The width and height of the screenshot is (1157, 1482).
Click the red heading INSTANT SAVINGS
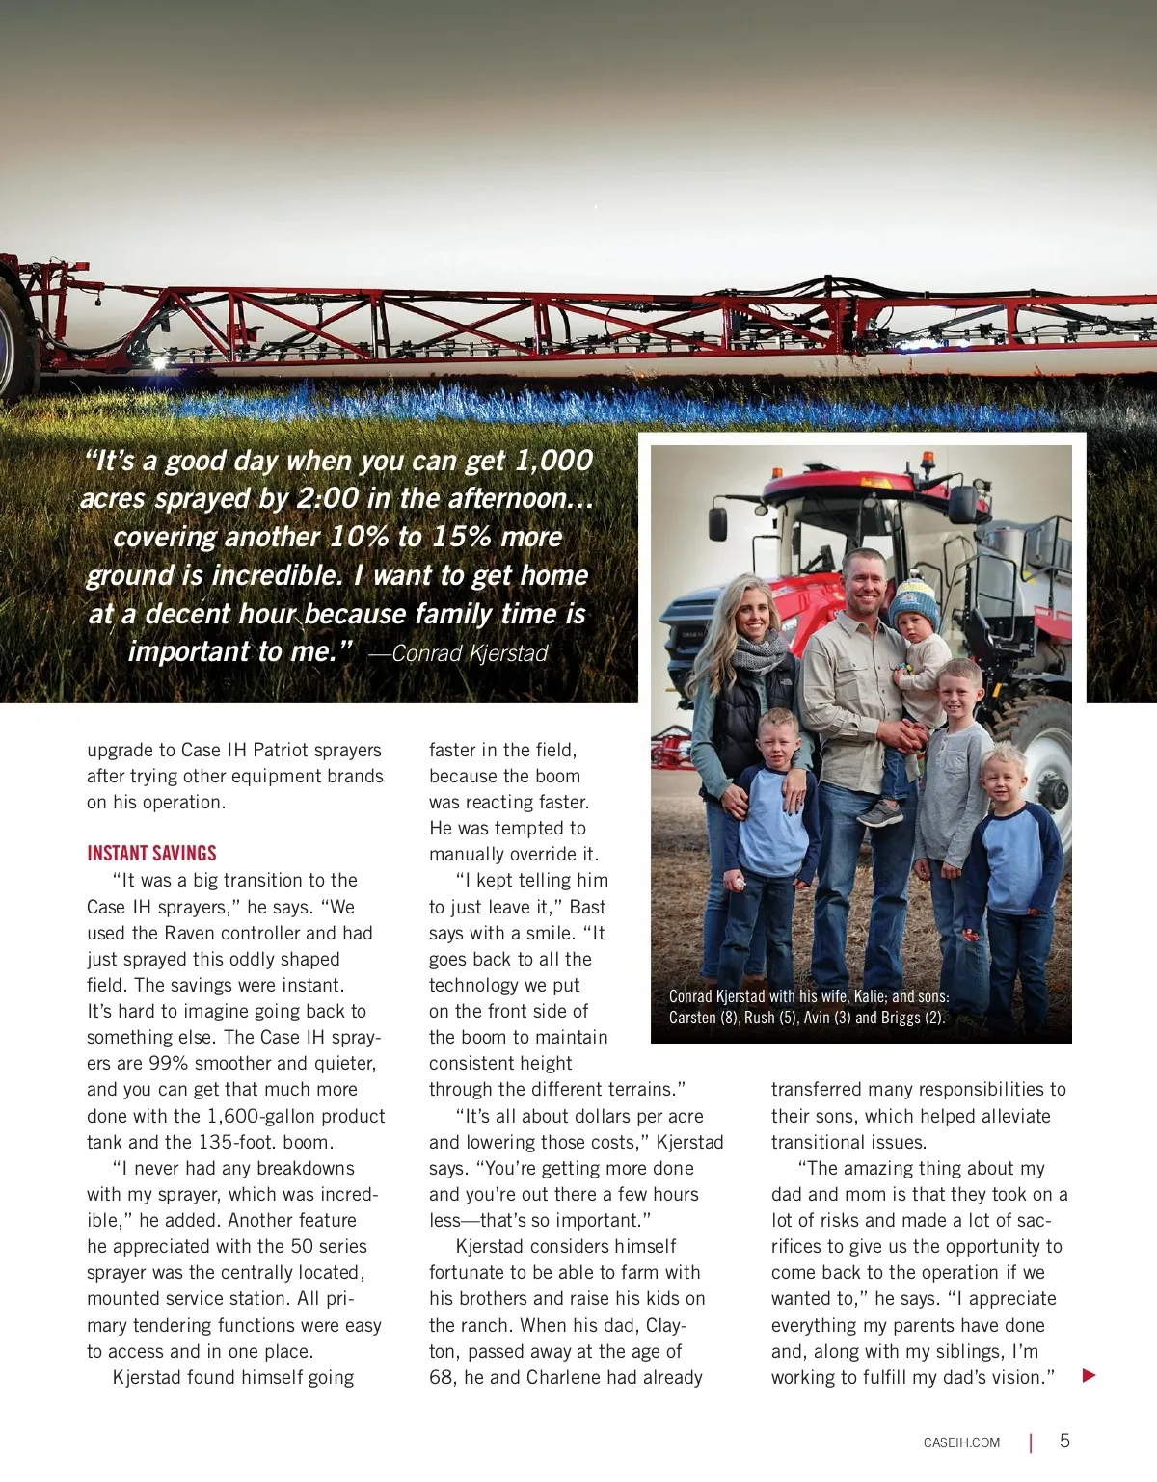(151, 853)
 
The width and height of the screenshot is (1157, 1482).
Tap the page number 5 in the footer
(1064, 1441)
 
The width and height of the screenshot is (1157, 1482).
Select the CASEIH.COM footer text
(961, 1442)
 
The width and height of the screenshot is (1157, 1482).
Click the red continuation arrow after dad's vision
(1090, 1375)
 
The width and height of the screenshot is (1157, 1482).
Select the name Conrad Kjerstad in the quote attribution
(470, 653)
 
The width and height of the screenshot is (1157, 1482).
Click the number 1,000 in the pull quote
(553, 461)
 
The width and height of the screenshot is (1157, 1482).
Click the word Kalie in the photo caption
(869, 996)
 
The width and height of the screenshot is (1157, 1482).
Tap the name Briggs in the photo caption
(901, 1018)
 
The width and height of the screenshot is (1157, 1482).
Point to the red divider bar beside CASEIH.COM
(1031, 1442)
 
